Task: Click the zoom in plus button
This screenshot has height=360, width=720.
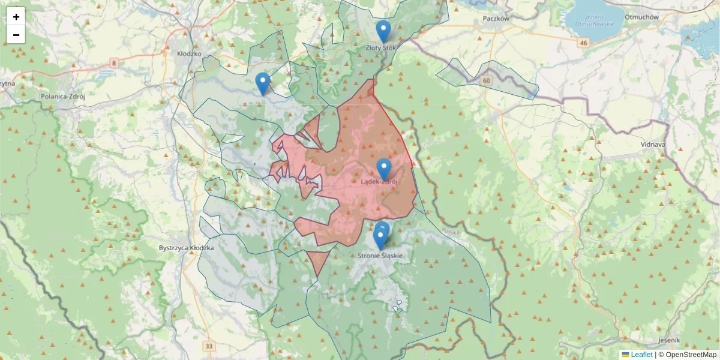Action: [x=16, y=17]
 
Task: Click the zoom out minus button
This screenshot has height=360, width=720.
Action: [x=16, y=35]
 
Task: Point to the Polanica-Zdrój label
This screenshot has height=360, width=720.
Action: [x=63, y=96]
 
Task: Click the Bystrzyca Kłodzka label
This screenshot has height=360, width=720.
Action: [x=187, y=248]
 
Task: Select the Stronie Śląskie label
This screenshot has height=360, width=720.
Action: [x=380, y=256]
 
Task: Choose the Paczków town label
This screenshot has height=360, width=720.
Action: [x=496, y=19]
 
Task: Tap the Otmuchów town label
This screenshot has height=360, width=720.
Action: [x=641, y=17]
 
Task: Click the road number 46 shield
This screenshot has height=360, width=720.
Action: [x=583, y=43]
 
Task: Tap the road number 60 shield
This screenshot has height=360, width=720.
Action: [x=486, y=80]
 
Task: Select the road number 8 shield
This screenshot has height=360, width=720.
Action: [x=114, y=63]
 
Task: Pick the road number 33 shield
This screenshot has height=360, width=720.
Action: [x=208, y=346]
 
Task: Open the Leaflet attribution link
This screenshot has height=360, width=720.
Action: [x=641, y=355]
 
